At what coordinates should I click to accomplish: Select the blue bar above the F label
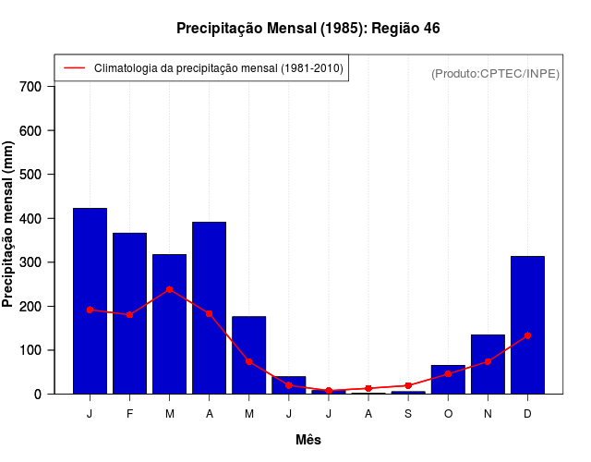129,313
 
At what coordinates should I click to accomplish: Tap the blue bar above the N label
488,364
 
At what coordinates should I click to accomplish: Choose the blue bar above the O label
448,380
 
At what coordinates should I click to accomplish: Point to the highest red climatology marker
169,289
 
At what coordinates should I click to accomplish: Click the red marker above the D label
527,335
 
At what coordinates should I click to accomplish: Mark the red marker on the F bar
129,315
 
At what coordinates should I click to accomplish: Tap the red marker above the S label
408,385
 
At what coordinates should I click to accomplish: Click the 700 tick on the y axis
30,87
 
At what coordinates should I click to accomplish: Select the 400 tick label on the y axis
30,219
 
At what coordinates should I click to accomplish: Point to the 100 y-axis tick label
30,350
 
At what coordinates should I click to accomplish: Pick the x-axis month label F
129,414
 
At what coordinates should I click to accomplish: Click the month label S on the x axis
408,414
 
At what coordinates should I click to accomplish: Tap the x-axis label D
527,414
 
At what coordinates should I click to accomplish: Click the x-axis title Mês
308,440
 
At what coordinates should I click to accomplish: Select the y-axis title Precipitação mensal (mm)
9,224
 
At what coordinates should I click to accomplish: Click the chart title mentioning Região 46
308,29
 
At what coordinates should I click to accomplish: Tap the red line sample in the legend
74,68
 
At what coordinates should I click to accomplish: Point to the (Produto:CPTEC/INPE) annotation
495,73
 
